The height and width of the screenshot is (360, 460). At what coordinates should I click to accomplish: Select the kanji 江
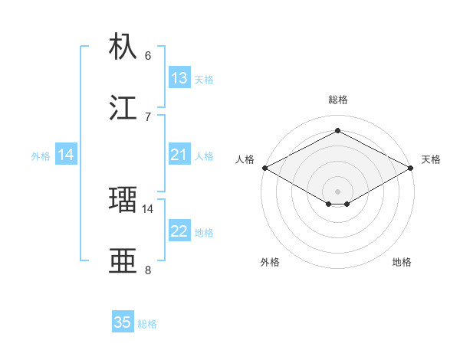pos(123,107)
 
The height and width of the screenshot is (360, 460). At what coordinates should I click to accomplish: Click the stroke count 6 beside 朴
pos(148,56)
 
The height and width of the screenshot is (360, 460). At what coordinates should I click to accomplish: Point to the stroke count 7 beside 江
pos(148,116)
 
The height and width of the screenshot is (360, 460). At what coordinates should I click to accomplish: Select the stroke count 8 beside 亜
pos(148,270)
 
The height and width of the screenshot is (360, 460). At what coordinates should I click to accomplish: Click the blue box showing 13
pos(179,78)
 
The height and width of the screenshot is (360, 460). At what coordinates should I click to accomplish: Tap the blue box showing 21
pos(179,155)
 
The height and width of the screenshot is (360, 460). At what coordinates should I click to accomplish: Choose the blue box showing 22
pos(179,231)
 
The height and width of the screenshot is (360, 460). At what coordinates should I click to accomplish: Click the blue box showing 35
pos(123,322)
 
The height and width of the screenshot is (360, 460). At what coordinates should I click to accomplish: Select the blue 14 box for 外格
pos(66,155)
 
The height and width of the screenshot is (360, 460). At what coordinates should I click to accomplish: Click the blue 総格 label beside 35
pos(147,324)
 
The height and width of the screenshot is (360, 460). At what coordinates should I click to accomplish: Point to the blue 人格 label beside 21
pos(204,156)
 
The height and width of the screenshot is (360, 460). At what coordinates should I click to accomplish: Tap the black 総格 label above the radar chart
pos(337,100)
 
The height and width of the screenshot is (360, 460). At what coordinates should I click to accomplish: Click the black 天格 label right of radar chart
pos(431,159)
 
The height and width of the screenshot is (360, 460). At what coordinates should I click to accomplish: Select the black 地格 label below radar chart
pos(402,262)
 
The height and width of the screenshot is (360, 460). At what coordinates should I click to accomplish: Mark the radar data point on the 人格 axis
pos(264,168)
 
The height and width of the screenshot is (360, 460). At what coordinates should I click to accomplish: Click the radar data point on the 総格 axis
pos(337,130)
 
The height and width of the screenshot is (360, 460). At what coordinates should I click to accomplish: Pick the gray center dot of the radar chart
pos(337,191)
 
